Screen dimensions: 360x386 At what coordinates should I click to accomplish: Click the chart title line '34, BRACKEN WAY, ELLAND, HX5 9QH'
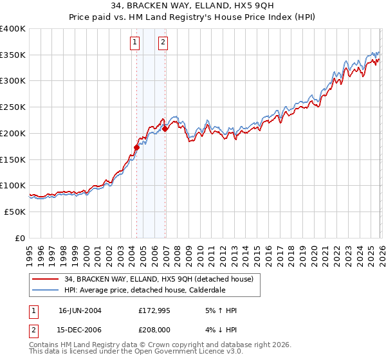(x=193, y=6)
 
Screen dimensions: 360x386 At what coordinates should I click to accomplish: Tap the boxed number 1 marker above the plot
(x=135, y=42)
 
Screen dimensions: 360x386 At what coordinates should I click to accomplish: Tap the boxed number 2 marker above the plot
(x=163, y=42)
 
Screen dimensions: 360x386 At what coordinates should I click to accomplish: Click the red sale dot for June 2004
(x=136, y=147)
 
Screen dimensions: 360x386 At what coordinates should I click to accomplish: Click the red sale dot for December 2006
(x=165, y=129)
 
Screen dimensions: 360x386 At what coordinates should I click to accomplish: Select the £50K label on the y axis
(x=15, y=212)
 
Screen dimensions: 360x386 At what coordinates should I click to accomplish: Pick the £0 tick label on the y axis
(x=21, y=238)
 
